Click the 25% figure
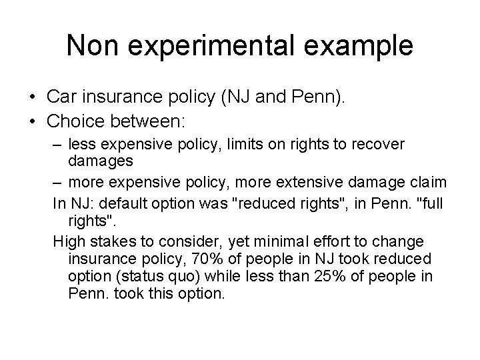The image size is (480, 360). tap(334, 275)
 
